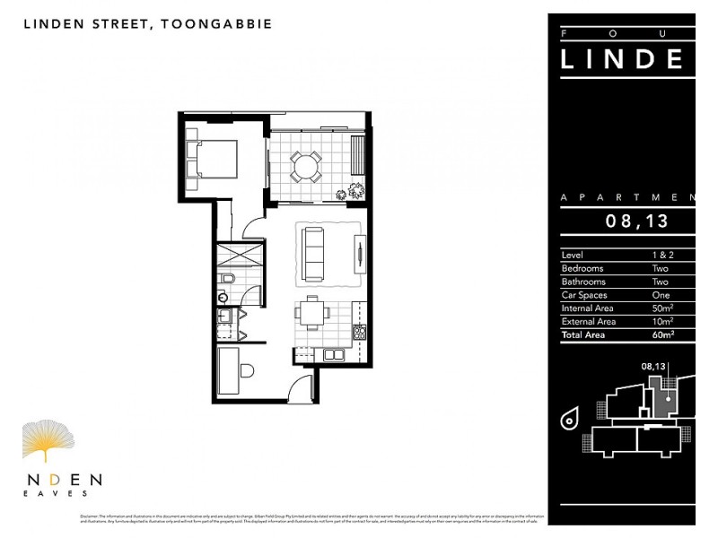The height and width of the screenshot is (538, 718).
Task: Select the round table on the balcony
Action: pos(305,167)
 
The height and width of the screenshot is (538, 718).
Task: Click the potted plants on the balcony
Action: pos(352,190)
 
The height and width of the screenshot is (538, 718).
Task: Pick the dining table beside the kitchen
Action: pos(311,313)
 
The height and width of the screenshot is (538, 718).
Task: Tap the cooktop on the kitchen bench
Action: pos(360,331)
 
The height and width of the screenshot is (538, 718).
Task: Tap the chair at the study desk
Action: pos(247,369)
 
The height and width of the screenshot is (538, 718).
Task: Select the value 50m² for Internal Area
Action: pos(662,308)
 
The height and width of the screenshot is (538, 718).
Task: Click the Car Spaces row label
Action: pos(584,295)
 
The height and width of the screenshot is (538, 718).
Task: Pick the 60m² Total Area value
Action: pos(662,334)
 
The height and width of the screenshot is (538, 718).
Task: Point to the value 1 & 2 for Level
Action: pos(661,256)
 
